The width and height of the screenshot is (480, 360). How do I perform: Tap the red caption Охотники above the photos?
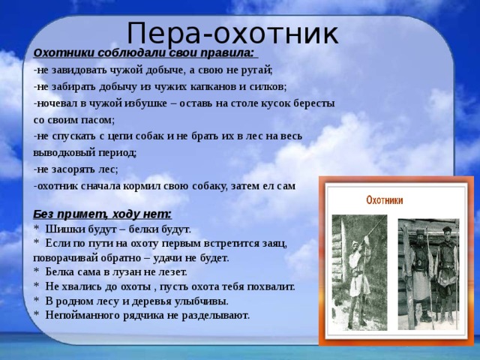[x=384, y=201]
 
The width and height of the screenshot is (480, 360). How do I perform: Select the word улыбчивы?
[x=202, y=301]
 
